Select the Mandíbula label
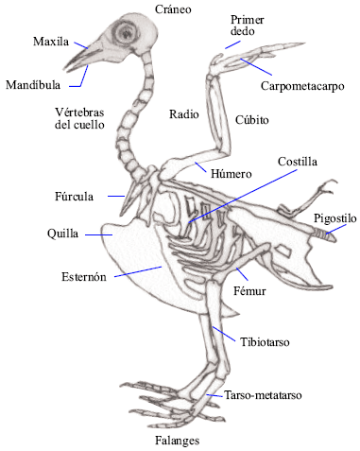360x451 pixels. (34, 83)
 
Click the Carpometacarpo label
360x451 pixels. (301, 85)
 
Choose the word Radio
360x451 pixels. (183, 113)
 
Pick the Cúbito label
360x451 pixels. (250, 120)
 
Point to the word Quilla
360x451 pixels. (63, 232)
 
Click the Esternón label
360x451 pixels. (81, 277)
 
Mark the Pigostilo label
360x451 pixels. (335, 218)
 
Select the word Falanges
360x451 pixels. (178, 441)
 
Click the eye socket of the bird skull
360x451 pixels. (124, 35)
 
